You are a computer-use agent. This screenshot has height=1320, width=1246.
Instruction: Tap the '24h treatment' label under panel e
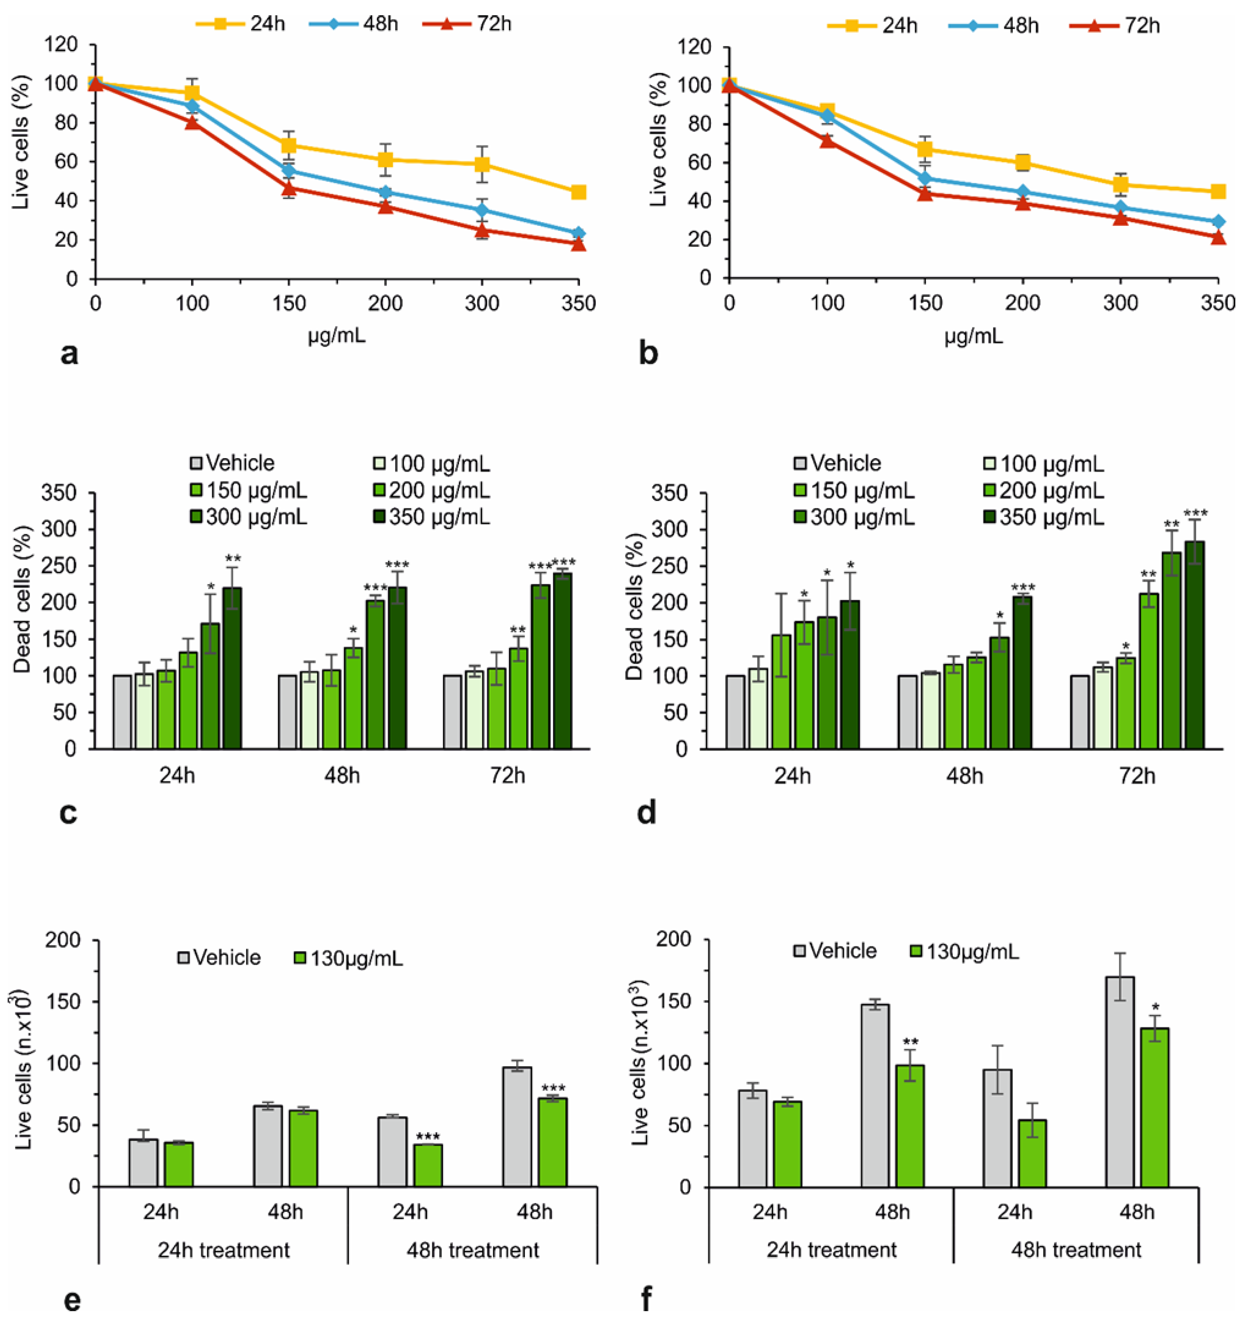tap(224, 1250)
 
